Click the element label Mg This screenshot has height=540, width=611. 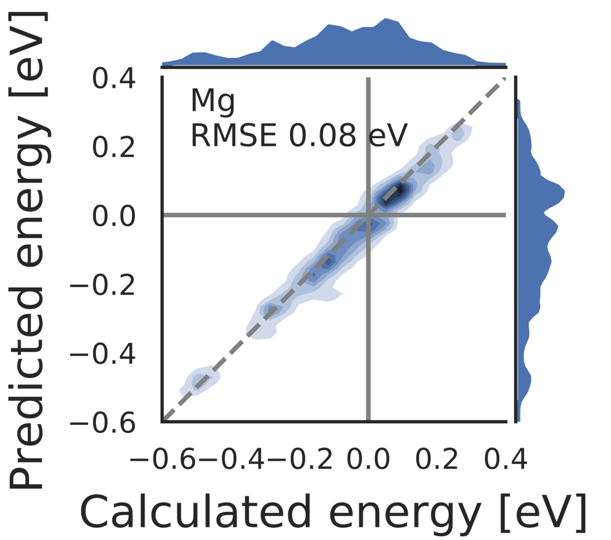click(212, 102)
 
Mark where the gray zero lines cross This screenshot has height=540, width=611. click(368, 215)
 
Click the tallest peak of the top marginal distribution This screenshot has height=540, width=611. click(384, 20)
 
